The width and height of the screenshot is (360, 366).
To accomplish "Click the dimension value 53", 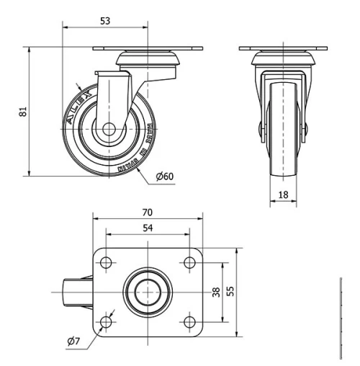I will pos(105,22).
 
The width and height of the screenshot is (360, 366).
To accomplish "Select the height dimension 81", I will pos(22,112).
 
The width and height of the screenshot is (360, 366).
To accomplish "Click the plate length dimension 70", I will pos(147,213).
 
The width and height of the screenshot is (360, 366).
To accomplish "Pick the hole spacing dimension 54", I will pos(147,228).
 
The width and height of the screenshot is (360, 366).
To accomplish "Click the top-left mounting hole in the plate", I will pos(107,262).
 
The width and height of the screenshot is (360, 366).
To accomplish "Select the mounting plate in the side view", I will pos(148,49).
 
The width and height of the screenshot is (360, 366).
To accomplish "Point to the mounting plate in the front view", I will pos(284,49).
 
